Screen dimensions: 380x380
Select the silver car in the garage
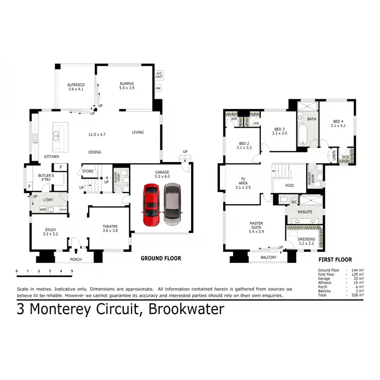172,204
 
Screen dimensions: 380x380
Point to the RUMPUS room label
127,86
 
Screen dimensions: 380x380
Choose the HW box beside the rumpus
159,88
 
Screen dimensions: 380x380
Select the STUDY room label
50,232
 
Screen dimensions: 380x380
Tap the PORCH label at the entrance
75,259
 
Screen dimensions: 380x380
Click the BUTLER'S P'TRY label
46,177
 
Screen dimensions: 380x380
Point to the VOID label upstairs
289,185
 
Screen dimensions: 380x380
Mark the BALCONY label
269,257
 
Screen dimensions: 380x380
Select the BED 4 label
338,123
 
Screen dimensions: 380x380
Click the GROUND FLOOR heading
161,258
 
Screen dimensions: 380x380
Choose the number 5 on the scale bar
71,272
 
